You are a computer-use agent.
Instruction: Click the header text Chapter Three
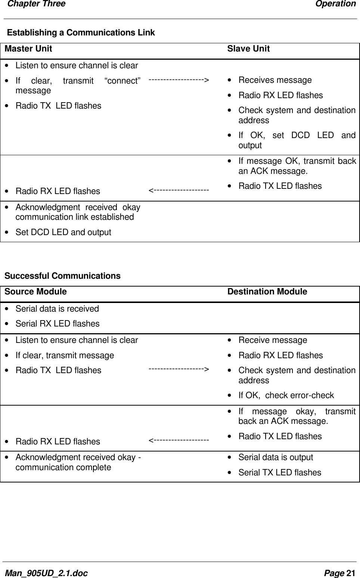coord(37,4)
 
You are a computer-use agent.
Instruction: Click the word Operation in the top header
coord(335,4)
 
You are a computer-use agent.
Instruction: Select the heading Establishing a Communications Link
coord(81,33)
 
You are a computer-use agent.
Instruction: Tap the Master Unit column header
coord(28,49)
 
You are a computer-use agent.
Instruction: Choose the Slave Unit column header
coord(248,49)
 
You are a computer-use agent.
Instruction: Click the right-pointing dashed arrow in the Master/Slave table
coord(179,80)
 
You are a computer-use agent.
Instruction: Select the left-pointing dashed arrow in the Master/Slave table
coord(179,191)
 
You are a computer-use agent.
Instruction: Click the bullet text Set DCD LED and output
coord(63,232)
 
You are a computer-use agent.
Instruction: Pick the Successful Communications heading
coord(62,276)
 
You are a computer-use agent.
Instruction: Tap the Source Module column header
coord(36,292)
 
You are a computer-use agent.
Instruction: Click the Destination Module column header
coord(267,292)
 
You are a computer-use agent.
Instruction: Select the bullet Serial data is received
coord(57,309)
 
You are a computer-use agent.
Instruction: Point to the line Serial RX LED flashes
coord(58,324)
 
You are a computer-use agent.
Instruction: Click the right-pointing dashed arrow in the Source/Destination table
coord(179,369)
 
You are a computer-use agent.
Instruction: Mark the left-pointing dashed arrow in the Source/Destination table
coord(179,441)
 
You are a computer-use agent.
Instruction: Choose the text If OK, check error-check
coord(286,396)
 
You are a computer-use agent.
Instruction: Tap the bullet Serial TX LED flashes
coord(280,473)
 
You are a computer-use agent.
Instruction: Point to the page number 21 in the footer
coord(351,573)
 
